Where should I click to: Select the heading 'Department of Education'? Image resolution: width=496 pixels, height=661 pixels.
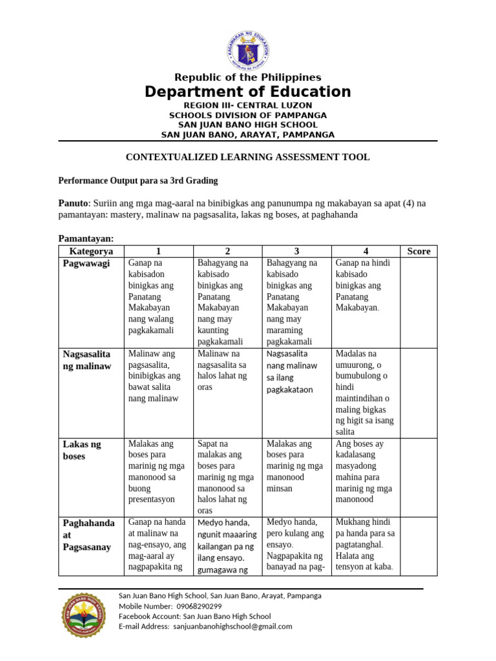point(248,92)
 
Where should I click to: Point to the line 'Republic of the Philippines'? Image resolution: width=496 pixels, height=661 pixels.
point(248,77)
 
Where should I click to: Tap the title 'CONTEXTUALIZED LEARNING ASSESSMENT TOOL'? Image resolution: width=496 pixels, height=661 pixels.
point(248,157)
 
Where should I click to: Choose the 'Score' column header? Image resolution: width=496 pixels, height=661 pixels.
point(418,251)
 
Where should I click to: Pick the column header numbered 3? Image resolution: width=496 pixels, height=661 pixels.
point(296,251)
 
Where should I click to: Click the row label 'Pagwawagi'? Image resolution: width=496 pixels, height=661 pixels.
point(87,263)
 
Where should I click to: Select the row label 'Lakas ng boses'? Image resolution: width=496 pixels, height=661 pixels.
point(82,450)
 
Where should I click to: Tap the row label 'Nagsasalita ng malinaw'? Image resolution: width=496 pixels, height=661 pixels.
point(87,360)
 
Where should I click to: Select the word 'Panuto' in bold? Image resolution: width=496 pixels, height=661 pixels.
point(72,203)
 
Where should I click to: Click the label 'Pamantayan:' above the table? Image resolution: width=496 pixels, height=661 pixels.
point(86,238)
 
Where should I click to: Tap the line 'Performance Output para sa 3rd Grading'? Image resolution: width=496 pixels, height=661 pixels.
point(138,180)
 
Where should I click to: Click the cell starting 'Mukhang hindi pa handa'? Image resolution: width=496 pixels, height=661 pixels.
point(366,545)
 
